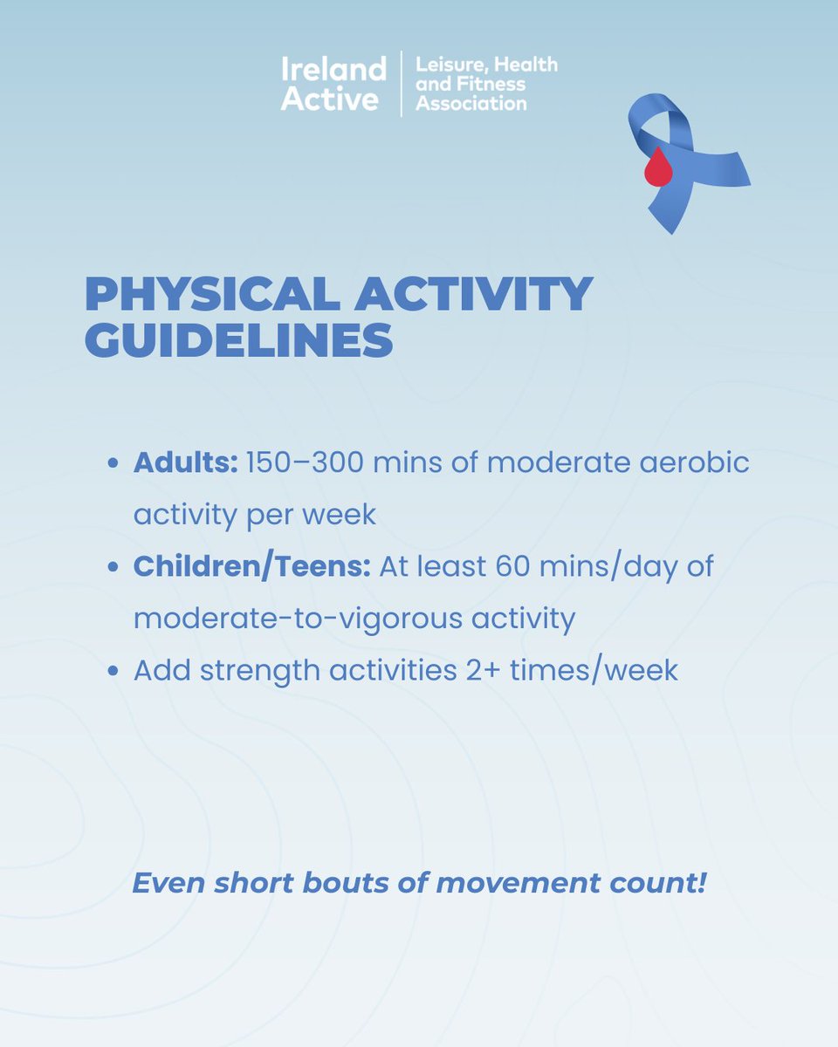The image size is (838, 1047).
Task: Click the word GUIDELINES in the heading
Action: coord(238,341)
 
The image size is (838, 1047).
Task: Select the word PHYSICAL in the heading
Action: coord(209,295)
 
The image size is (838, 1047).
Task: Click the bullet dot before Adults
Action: coord(113,463)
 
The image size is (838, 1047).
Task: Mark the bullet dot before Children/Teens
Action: coord(113,567)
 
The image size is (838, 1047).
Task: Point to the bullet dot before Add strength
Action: coord(113,672)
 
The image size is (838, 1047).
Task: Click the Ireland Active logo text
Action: coord(333,84)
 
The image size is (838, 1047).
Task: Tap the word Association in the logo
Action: coord(471,104)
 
